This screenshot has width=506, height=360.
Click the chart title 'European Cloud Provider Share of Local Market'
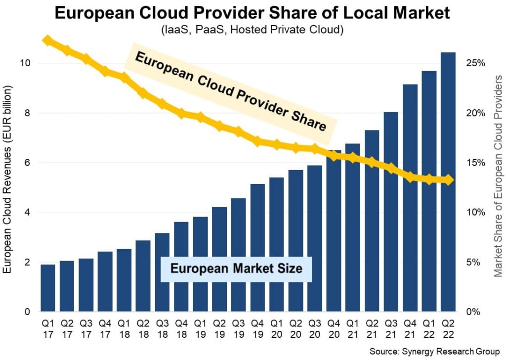click(253, 12)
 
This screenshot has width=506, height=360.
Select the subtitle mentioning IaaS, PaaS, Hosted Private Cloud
click(253, 30)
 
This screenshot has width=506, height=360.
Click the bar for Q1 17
click(47, 288)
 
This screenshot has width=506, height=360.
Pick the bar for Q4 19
click(257, 248)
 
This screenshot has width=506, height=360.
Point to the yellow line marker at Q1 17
click(47, 40)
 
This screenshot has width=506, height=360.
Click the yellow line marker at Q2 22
click(448, 180)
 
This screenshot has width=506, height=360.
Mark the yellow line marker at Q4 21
click(410, 177)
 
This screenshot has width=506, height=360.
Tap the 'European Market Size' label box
click(236, 269)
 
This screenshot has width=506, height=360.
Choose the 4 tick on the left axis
click(27, 213)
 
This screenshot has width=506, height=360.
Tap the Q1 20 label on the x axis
click(276, 328)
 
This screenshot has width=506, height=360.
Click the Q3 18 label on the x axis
click(162, 328)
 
